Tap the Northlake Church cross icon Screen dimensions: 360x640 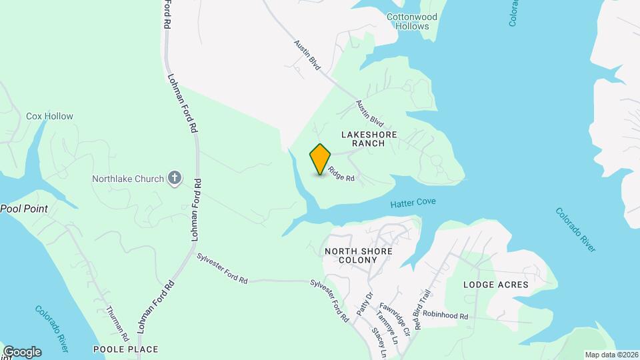coord(175,178)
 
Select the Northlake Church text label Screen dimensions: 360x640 coord(127,179)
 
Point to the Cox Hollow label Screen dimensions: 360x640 coord(49,116)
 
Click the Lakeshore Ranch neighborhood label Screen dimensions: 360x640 coord(369,139)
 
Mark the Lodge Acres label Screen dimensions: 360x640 coord(496,285)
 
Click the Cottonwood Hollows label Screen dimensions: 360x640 coord(412,21)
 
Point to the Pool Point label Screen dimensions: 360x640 coord(24,209)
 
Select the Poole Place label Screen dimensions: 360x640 coord(125,349)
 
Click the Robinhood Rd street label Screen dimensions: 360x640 coord(445,315)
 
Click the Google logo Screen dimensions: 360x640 coord(22,352)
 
